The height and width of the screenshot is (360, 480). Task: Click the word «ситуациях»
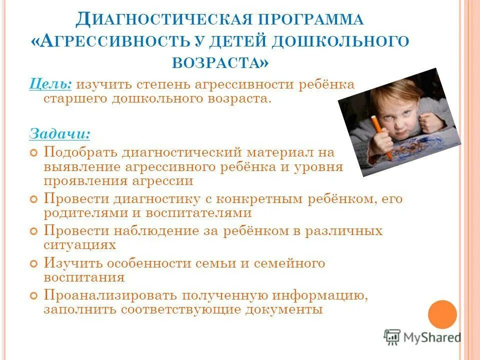[80, 245]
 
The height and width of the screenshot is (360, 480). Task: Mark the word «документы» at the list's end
[284, 309]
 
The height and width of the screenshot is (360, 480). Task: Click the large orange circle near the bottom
[442, 314]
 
